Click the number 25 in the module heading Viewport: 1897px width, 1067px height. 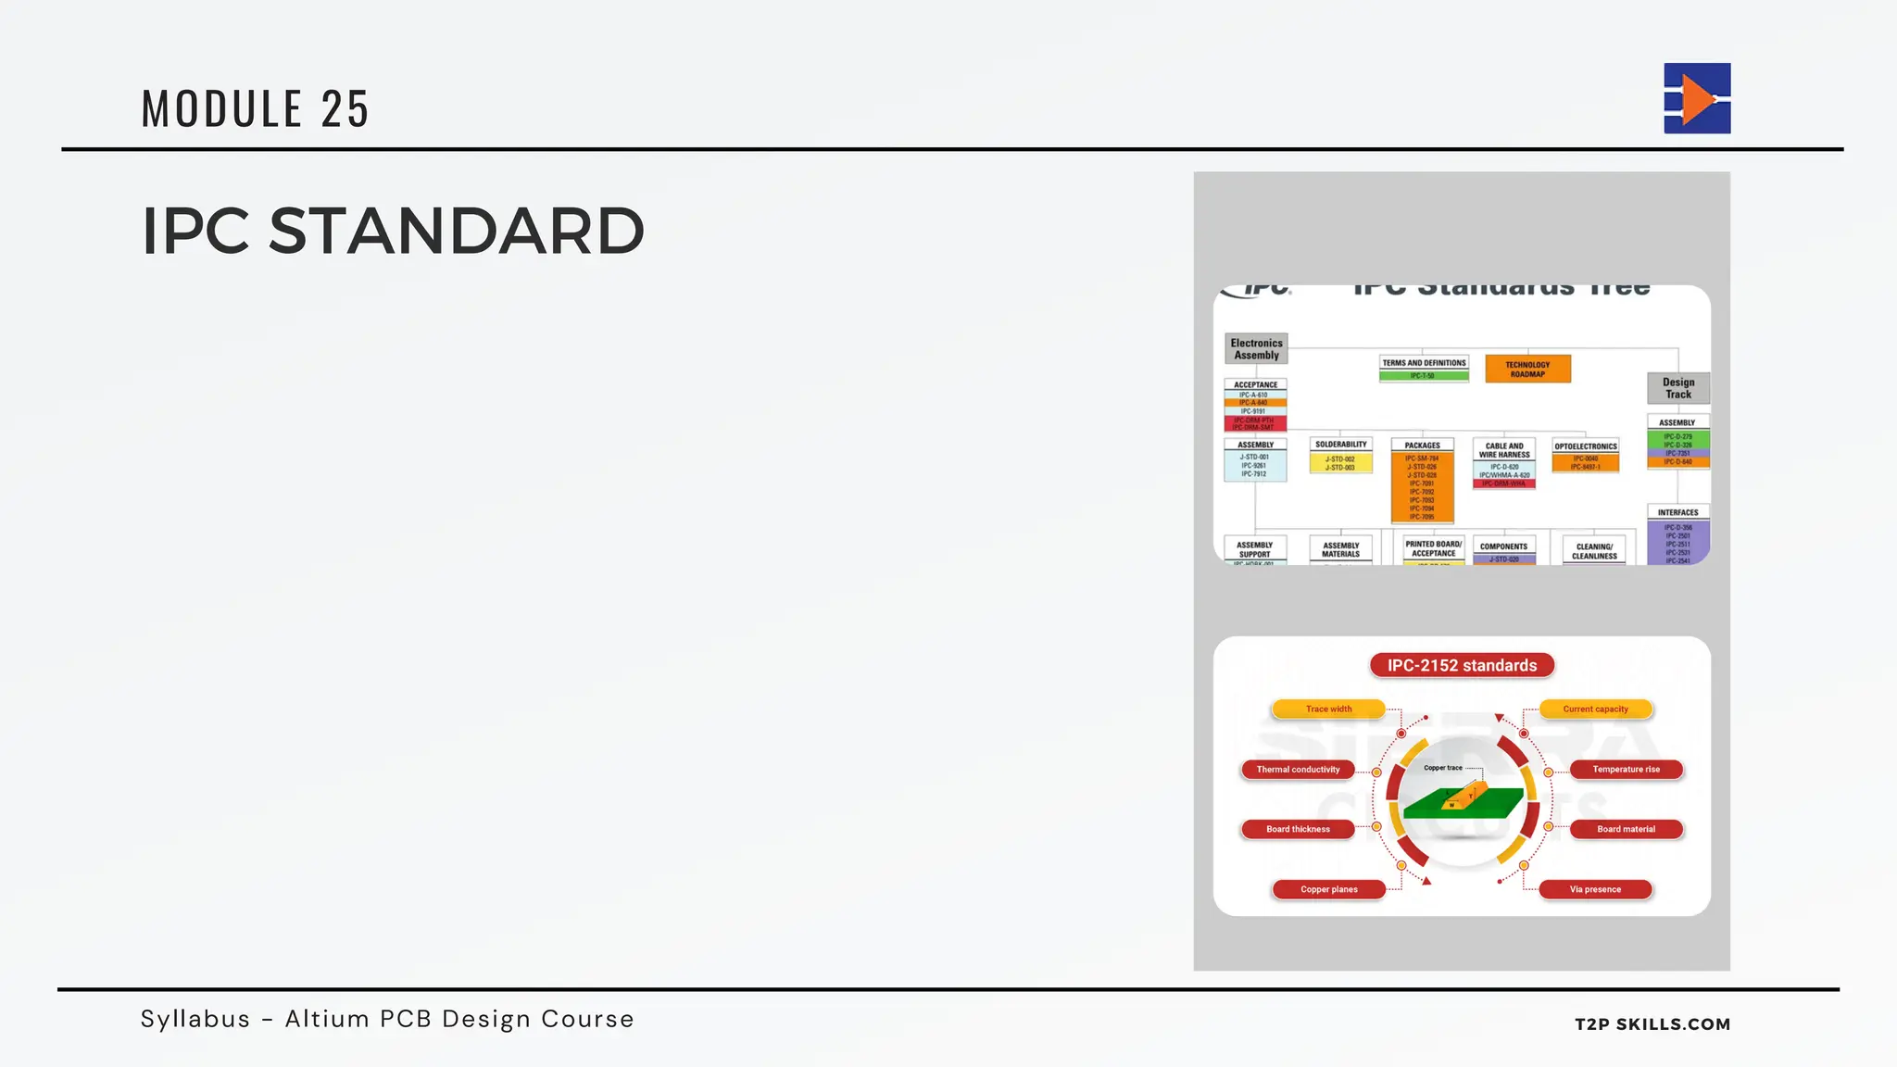click(x=345, y=109)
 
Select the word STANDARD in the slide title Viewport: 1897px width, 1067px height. click(x=456, y=232)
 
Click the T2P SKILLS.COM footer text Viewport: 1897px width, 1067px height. click(x=1652, y=1023)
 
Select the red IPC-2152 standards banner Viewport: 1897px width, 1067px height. click(x=1462, y=665)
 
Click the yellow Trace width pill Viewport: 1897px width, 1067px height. click(x=1328, y=709)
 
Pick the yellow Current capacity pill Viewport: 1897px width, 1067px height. click(x=1595, y=709)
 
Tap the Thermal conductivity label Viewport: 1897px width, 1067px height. click(x=1297, y=770)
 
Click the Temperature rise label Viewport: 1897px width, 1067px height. click(x=1626, y=770)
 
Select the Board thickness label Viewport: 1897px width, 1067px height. click(x=1297, y=829)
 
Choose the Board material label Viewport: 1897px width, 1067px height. click(x=1626, y=829)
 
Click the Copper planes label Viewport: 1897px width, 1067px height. click(x=1328, y=889)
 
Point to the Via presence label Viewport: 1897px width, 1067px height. click(x=1595, y=889)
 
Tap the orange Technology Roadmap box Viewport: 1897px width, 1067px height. click(x=1527, y=369)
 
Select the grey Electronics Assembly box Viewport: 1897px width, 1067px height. click(x=1256, y=349)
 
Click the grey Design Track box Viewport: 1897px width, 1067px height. click(x=1677, y=388)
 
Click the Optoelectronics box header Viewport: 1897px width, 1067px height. click(x=1585, y=446)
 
